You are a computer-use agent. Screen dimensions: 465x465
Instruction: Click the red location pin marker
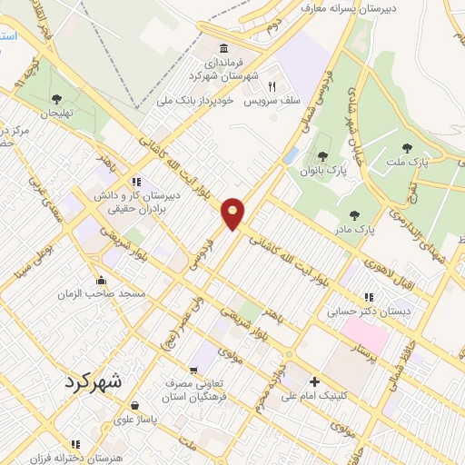[x=233, y=213]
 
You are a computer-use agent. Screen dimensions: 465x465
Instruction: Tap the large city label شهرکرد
[x=99, y=381]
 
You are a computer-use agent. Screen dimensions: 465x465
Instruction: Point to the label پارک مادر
[x=354, y=229]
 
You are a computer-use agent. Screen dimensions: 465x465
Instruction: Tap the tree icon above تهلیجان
[x=56, y=99]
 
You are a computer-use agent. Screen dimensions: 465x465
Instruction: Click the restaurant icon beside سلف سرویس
[x=271, y=85]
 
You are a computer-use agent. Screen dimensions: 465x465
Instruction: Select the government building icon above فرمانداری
[x=223, y=48]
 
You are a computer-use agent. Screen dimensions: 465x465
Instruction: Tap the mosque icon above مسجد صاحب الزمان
[x=101, y=280]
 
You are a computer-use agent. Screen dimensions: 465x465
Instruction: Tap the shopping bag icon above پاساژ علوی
[x=134, y=405]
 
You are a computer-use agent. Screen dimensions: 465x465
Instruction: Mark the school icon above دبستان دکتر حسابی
[x=369, y=296]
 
